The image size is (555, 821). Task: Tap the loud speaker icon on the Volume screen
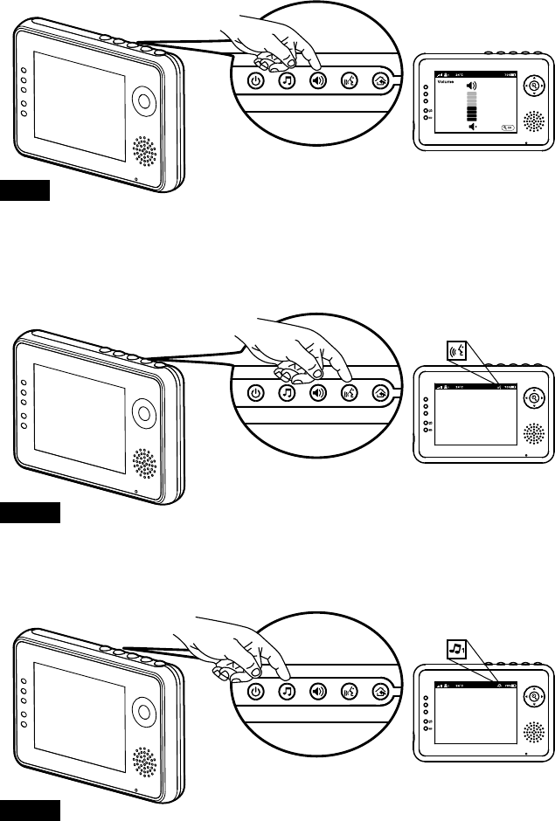(473, 86)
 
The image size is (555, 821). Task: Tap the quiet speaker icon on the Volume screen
(473, 127)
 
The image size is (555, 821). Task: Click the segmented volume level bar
(473, 107)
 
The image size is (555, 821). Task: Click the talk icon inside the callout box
(456, 353)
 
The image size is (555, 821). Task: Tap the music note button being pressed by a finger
(286, 691)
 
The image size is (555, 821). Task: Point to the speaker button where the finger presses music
(317, 691)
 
